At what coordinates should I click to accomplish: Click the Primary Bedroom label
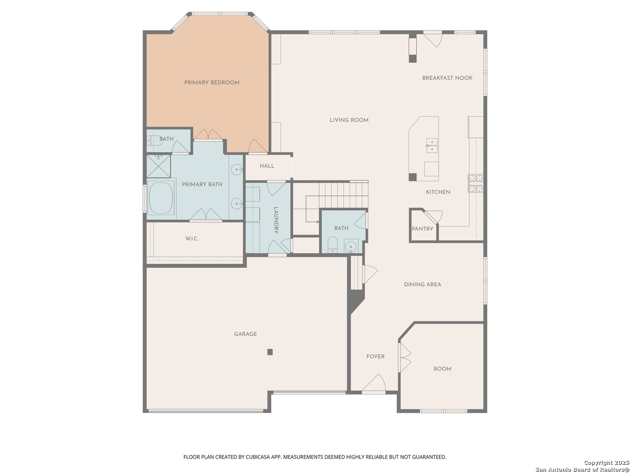(211, 82)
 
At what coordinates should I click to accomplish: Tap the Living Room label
(349, 120)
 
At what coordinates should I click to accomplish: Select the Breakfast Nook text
(447, 78)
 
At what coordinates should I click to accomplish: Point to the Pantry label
(422, 229)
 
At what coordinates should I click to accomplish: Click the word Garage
(245, 334)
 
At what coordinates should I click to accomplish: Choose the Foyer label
(375, 356)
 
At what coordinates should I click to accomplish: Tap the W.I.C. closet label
(192, 238)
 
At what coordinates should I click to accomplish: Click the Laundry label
(276, 220)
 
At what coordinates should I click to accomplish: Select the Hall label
(266, 166)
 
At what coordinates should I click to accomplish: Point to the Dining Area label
(422, 284)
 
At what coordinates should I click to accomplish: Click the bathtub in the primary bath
(161, 198)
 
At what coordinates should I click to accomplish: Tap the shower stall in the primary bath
(158, 166)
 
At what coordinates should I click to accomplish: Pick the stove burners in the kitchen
(475, 183)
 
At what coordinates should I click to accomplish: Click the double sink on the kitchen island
(431, 145)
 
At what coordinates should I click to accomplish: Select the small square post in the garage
(269, 352)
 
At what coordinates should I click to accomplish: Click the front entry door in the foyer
(374, 383)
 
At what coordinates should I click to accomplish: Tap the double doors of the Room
(404, 357)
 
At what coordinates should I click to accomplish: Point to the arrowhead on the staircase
(318, 222)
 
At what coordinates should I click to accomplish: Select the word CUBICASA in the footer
(257, 457)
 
